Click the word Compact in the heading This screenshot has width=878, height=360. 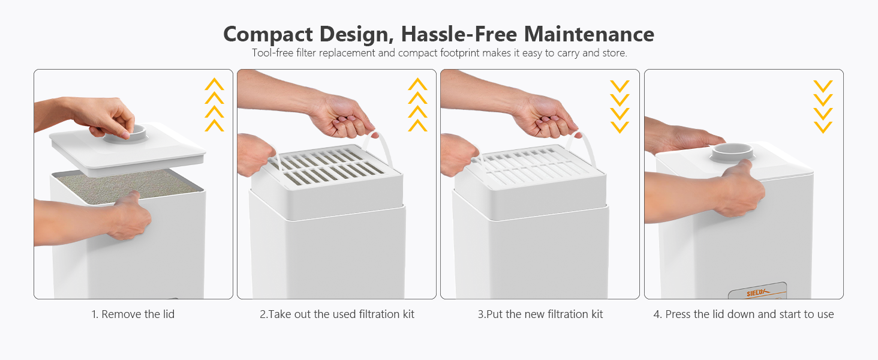pyautogui.click(x=267, y=35)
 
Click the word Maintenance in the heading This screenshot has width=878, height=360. pyautogui.click(x=589, y=34)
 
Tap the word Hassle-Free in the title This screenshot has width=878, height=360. pyautogui.click(x=459, y=34)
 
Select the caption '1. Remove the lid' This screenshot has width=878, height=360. pyautogui.click(x=133, y=314)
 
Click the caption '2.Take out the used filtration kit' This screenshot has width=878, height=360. pyautogui.click(x=337, y=314)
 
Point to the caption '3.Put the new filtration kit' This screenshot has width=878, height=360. pyautogui.click(x=540, y=314)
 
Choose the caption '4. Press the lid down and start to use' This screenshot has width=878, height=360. pyautogui.click(x=744, y=314)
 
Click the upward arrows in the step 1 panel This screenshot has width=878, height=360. pyautogui.click(x=215, y=104)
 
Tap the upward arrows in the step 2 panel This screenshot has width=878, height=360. pyautogui.click(x=417, y=104)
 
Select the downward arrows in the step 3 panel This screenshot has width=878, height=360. pyautogui.click(x=620, y=107)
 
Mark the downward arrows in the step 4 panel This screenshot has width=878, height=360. pyautogui.click(x=823, y=107)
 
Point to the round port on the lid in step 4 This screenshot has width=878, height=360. pyautogui.click(x=732, y=152)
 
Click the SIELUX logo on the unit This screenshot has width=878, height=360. pyautogui.click(x=756, y=293)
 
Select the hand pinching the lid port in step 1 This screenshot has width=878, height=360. pyautogui.click(x=106, y=116)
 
